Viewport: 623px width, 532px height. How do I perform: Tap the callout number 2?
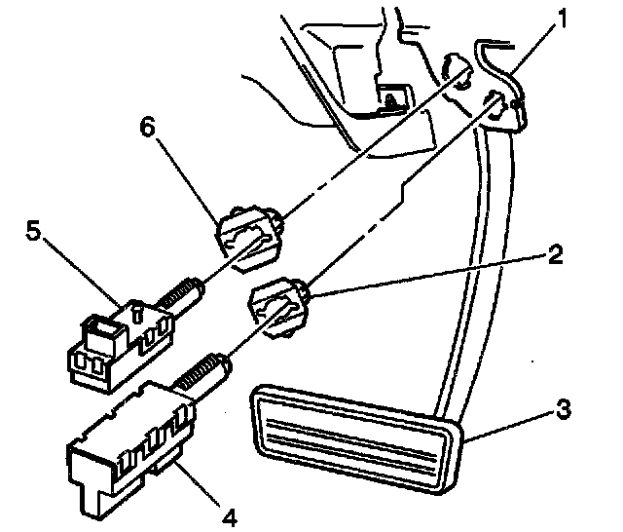tap(555, 256)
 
